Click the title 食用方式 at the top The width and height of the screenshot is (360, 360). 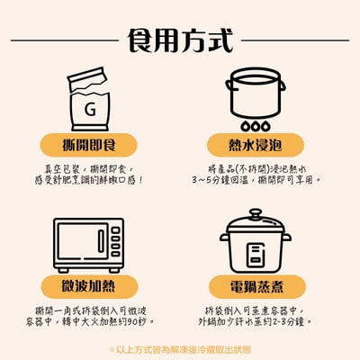tap(180, 40)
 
